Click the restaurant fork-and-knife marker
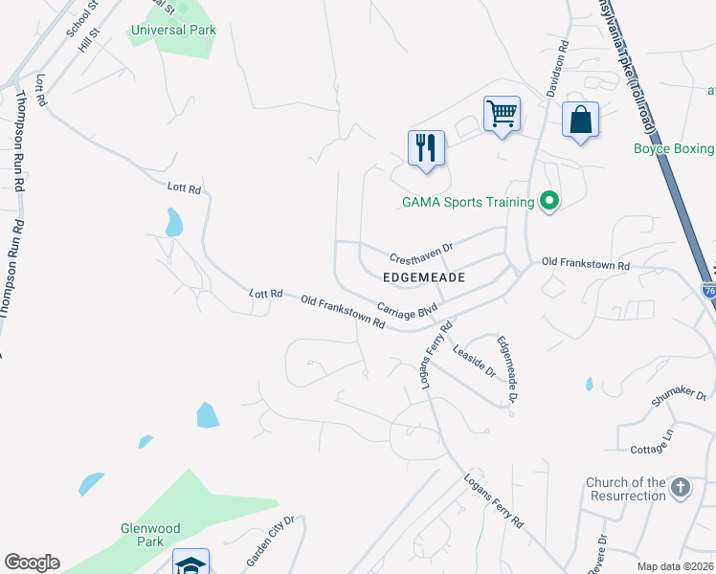point(426,148)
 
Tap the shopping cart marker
point(502,114)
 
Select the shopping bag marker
point(580,121)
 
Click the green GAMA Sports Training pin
point(548,202)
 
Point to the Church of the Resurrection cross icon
point(681,488)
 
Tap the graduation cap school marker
point(190,564)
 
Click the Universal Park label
point(173,30)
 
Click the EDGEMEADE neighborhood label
point(423,277)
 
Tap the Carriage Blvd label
point(407,310)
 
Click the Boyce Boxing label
point(674,148)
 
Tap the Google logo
point(32,563)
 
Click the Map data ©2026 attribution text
point(674,566)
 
